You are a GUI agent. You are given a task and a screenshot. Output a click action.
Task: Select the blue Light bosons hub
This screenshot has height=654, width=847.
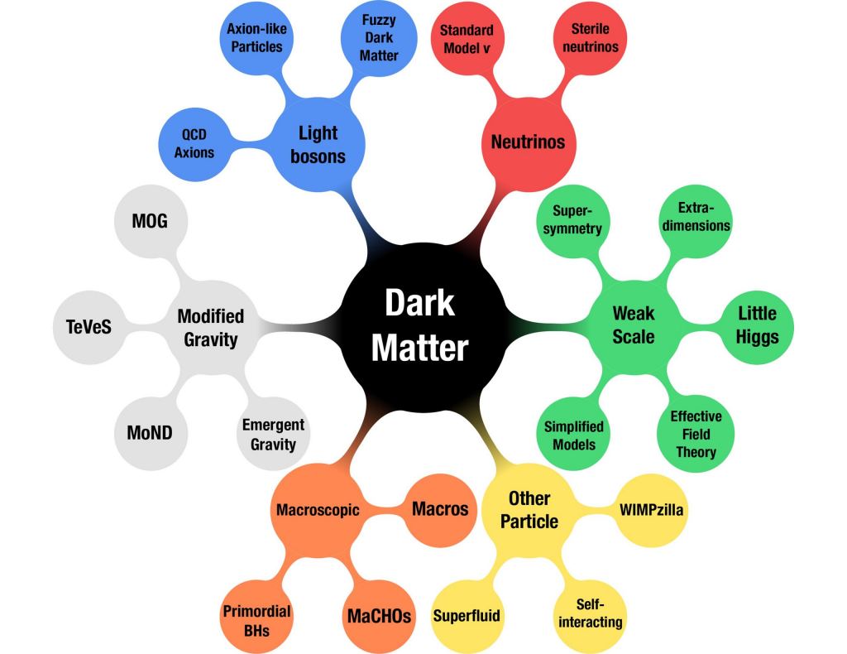(318, 143)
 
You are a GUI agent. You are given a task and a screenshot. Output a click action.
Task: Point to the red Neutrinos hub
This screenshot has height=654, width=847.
(528, 142)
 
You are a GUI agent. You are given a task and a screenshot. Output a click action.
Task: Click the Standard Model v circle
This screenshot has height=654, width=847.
(467, 40)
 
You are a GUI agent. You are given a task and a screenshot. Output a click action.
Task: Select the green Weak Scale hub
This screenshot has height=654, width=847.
(633, 325)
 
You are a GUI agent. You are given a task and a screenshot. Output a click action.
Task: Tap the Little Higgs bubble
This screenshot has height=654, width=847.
(757, 325)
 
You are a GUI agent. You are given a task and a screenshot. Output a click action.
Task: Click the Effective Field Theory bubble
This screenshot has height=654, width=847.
(696, 434)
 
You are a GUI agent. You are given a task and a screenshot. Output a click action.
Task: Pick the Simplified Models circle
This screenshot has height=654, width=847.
(574, 435)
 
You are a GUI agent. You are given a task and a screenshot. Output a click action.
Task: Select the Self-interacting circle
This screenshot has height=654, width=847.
(589, 612)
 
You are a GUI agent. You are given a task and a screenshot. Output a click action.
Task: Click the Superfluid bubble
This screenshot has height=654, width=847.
(467, 616)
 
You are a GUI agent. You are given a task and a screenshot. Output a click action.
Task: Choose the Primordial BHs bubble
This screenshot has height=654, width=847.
(256, 620)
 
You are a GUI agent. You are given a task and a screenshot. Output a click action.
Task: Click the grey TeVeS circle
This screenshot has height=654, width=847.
(89, 326)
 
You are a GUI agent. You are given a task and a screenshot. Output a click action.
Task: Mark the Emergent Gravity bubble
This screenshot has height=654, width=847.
(273, 435)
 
